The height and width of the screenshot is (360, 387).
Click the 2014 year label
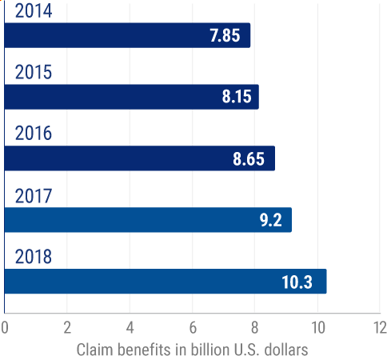click(x=34, y=10)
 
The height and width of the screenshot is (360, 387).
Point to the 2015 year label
click(x=34, y=72)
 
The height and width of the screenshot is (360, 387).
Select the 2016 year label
click(x=34, y=134)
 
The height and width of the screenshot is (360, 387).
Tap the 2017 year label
click(x=34, y=195)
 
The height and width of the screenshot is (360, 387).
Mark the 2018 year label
click(x=34, y=257)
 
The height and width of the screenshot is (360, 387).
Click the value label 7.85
click(x=225, y=36)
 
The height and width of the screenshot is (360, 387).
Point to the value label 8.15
click(x=237, y=98)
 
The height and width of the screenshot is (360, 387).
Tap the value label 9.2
click(x=271, y=221)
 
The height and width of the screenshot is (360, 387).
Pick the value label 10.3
click(x=301, y=282)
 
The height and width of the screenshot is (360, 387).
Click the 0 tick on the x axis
click(x=5, y=327)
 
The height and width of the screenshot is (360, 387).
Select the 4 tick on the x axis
click(x=130, y=327)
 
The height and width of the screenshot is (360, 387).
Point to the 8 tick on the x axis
click(x=255, y=327)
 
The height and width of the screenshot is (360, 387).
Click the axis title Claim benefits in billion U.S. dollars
click(x=192, y=349)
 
